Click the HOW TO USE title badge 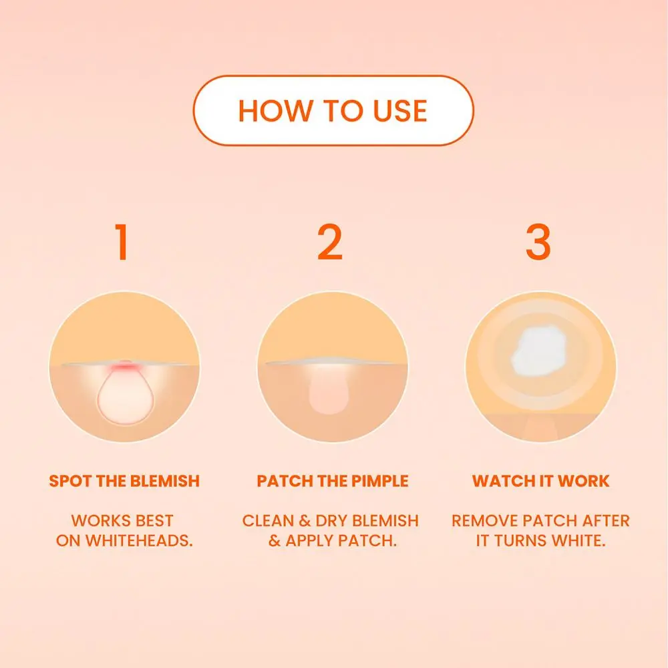coord(333,111)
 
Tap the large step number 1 coord(122,242)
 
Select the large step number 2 coord(330,242)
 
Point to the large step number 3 coord(538,242)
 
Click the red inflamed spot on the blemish coord(124,367)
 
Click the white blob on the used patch coord(538,351)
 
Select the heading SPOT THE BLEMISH coord(124,481)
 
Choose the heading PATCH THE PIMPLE coord(333,481)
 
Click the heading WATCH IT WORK coord(540,481)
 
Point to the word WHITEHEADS coord(139,540)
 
